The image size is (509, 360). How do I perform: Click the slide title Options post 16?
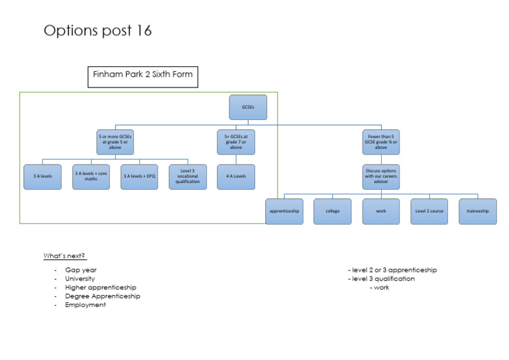[97, 31]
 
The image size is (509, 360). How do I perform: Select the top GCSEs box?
[248, 107]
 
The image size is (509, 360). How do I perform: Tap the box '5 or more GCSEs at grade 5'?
[115, 141]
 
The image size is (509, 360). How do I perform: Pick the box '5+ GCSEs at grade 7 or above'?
[236, 141]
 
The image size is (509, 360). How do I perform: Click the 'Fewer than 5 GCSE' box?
[380, 141]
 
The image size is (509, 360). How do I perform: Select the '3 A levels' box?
[42, 176]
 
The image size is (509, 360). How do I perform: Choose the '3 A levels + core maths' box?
[91, 176]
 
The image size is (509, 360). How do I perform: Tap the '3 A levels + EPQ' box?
[139, 176]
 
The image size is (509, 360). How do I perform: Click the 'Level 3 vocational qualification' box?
[188, 176]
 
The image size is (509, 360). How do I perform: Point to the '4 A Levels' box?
[236, 176]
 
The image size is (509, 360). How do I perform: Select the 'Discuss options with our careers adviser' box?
[380, 176]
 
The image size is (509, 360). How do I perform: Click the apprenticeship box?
[284, 211]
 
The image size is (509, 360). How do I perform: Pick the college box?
[332, 211]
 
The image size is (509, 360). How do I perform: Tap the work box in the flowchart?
[380, 211]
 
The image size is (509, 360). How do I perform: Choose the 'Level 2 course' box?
[429, 211]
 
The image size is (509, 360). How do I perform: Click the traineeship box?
[477, 211]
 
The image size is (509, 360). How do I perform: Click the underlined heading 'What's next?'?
[64, 256]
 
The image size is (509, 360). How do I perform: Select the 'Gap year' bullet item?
[81, 270]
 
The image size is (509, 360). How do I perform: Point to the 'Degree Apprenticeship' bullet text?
[102, 296]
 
